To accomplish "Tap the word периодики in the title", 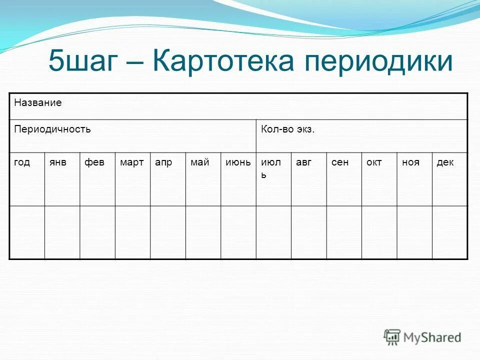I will click(x=379, y=63).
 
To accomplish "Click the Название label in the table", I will click(x=38, y=103).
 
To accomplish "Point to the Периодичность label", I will click(x=52, y=129).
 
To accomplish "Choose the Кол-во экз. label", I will click(x=288, y=129).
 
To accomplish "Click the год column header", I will click(x=22, y=162).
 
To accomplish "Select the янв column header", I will click(x=57, y=162).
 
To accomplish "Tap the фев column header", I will click(x=93, y=162).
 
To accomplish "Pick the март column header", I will click(x=131, y=162).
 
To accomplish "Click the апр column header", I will click(x=163, y=163).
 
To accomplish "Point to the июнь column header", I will click(x=238, y=162).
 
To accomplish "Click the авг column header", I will click(x=303, y=162).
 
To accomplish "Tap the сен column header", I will click(x=339, y=162).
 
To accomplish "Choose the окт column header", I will click(x=374, y=162).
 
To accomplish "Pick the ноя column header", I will click(x=410, y=162).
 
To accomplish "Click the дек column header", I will click(x=445, y=162).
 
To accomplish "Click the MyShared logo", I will click(x=422, y=337).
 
